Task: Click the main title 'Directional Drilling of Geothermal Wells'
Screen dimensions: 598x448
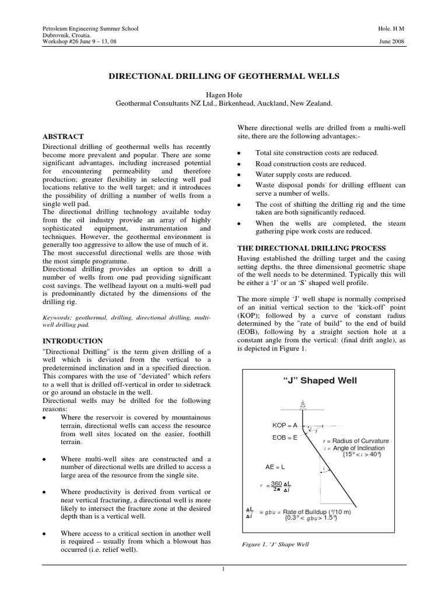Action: click(x=224, y=76)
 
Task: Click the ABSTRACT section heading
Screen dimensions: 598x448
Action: click(x=67, y=136)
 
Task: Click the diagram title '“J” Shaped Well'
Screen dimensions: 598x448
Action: click(x=320, y=381)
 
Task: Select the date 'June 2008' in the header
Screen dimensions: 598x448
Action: click(x=391, y=42)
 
